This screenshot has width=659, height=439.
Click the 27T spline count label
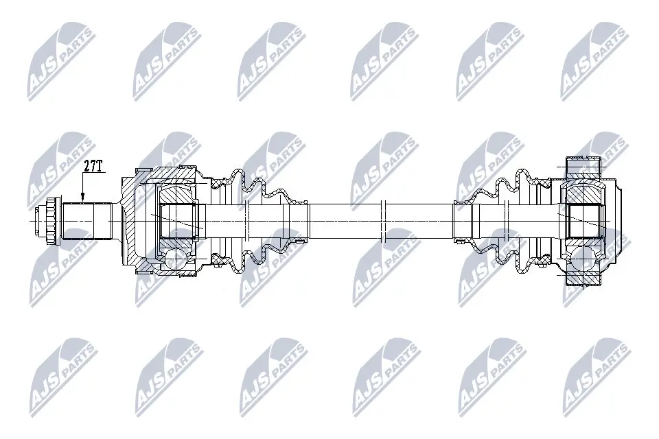[x=93, y=167]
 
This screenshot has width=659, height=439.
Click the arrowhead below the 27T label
[x=82, y=199]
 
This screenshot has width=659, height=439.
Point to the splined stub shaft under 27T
[x=87, y=220]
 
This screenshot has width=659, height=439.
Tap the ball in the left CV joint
[x=174, y=259]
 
